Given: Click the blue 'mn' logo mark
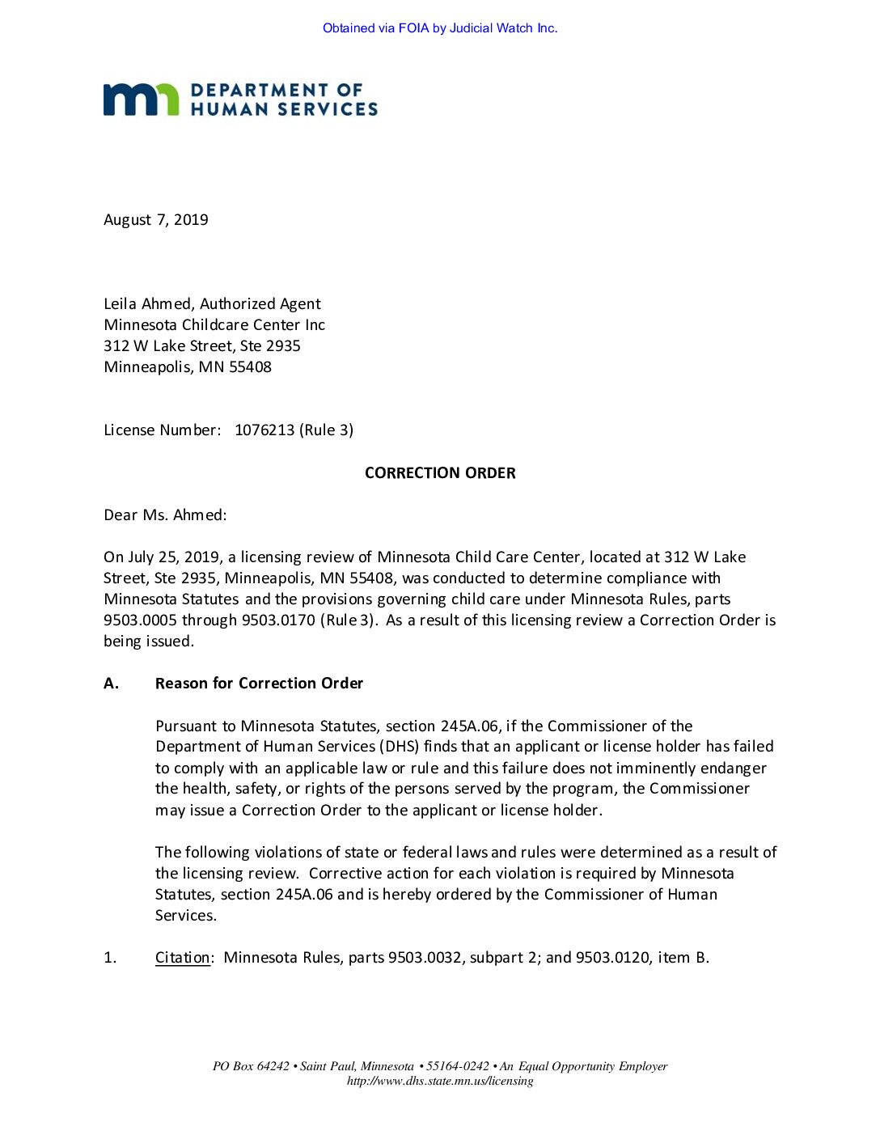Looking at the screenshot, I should (141, 100).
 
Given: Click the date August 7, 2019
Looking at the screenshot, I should (156, 220).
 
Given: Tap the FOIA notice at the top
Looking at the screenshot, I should (440, 28).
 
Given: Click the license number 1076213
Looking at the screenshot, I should (264, 430).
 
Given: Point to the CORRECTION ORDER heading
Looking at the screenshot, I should (440, 473).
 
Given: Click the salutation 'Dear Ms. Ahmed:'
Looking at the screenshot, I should (165, 515).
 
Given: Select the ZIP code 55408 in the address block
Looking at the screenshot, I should (250, 367).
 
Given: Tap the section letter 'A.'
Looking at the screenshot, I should (112, 684).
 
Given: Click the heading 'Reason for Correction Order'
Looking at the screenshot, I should (259, 684).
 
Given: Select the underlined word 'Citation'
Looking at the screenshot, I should (183, 958).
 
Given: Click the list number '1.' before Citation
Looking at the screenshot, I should (110, 958).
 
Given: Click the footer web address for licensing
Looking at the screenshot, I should (440, 1081).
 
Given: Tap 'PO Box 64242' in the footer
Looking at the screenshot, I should (251, 1066).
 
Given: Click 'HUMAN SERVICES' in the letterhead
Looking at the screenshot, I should (284, 109).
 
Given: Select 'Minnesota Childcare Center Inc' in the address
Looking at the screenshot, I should (214, 325).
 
